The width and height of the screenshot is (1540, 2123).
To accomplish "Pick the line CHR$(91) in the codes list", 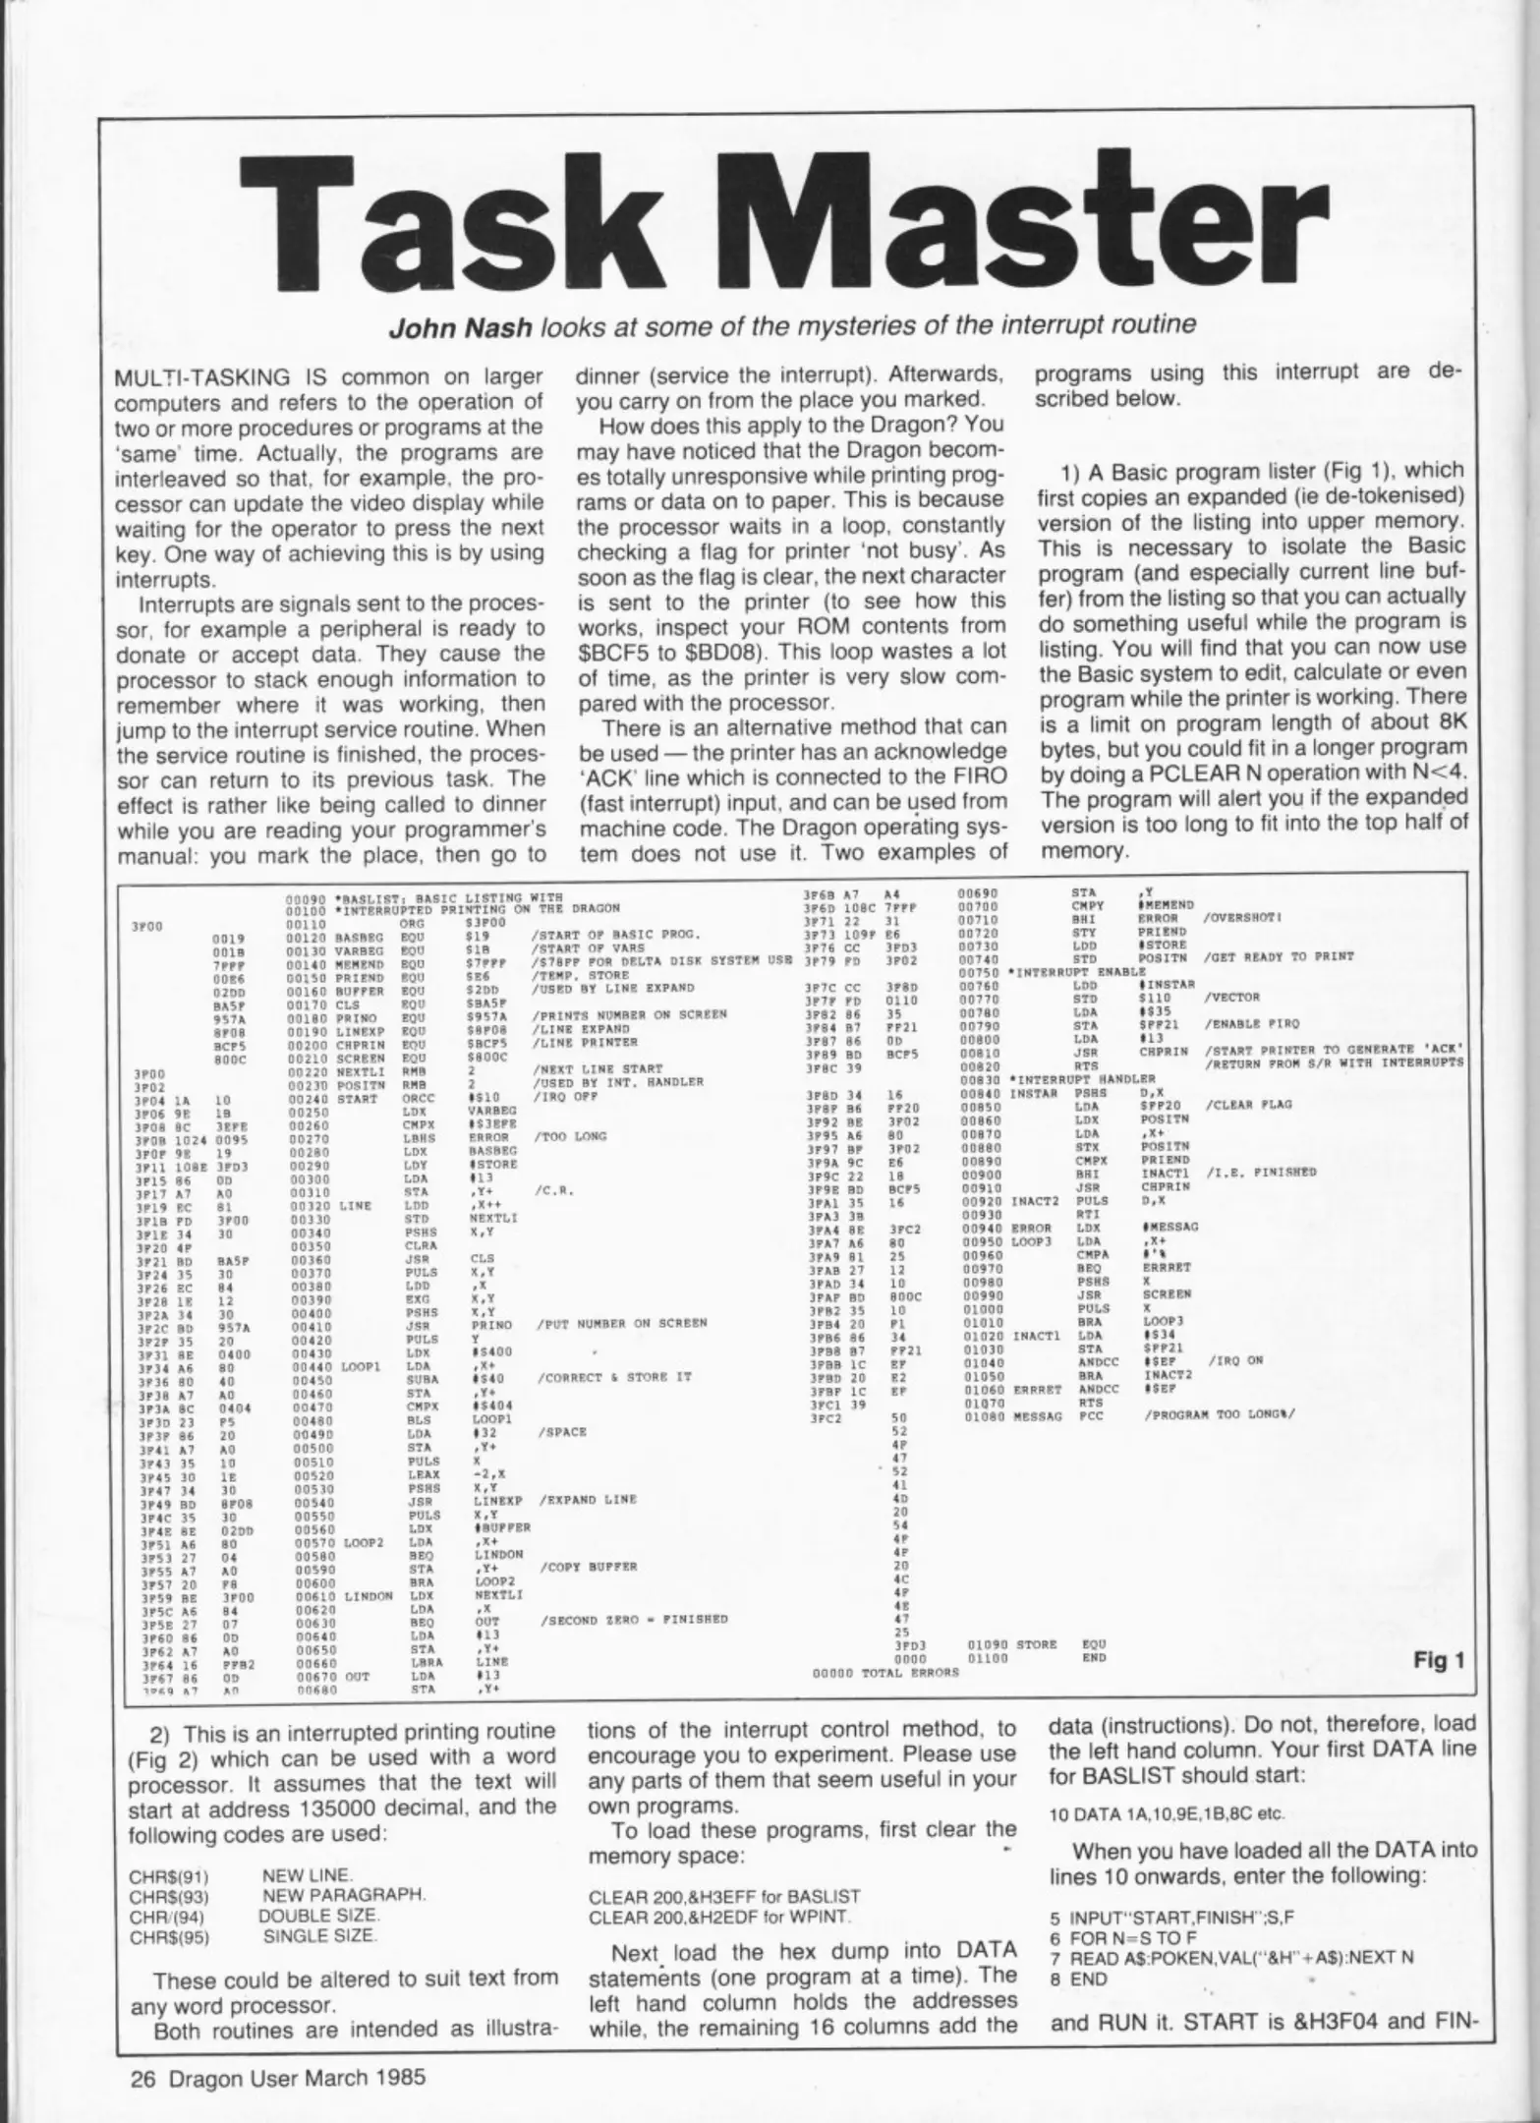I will [169, 1874].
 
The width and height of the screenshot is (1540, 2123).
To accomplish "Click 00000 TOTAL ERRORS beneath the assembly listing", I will [885, 1671].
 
